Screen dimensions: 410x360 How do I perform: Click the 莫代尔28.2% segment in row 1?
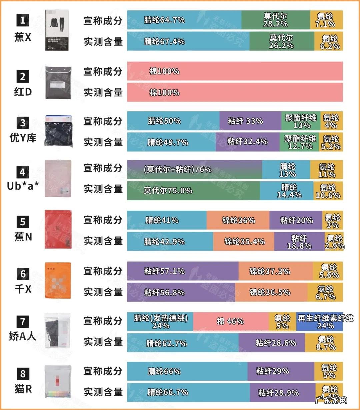(276, 20)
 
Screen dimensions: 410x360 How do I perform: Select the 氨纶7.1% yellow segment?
(326, 20)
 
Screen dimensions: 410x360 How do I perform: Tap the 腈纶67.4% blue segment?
(188, 41)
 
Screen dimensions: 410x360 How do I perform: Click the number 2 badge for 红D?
(23, 76)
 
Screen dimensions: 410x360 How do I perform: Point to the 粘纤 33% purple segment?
(250, 121)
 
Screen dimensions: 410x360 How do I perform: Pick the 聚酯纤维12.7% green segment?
(299, 142)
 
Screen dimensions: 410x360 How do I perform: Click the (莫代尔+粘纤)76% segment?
(194, 169)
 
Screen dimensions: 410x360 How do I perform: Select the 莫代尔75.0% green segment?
(193, 190)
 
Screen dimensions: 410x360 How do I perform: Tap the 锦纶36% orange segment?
(238, 220)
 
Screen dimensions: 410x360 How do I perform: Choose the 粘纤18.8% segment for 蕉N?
(299, 242)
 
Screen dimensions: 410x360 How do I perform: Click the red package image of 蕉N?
(58, 229)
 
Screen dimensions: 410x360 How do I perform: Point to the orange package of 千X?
(58, 281)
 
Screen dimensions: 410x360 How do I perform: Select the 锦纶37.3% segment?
(275, 271)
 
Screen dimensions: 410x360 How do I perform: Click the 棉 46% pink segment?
(231, 321)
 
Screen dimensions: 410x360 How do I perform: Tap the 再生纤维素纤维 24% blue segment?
(319, 321)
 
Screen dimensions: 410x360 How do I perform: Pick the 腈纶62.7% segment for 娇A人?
(183, 343)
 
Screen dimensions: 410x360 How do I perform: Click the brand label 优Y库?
(23, 137)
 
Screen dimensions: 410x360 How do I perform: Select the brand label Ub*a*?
(23, 186)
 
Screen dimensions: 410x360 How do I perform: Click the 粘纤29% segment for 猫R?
(280, 371)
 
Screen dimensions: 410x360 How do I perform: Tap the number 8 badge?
(23, 374)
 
